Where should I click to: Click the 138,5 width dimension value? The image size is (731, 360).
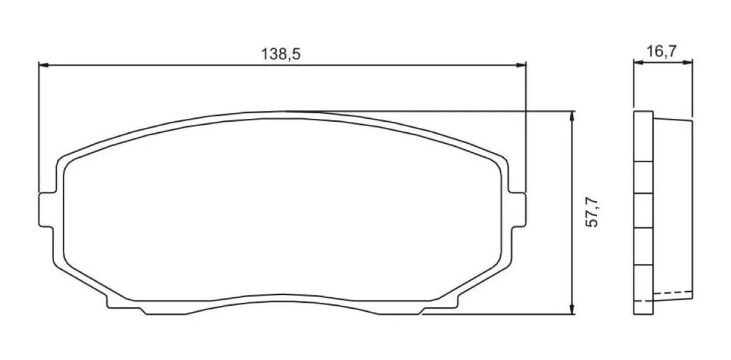point(281,54)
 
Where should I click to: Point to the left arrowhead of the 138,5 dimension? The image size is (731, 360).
point(43,64)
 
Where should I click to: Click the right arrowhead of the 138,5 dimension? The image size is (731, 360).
point(521,64)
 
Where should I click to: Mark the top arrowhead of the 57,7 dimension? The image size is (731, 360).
point(571,115)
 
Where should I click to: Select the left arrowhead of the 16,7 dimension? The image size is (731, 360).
point(637,62)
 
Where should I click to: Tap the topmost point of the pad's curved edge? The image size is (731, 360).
point(284,111)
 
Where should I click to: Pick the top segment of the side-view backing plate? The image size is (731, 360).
point(643,137)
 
